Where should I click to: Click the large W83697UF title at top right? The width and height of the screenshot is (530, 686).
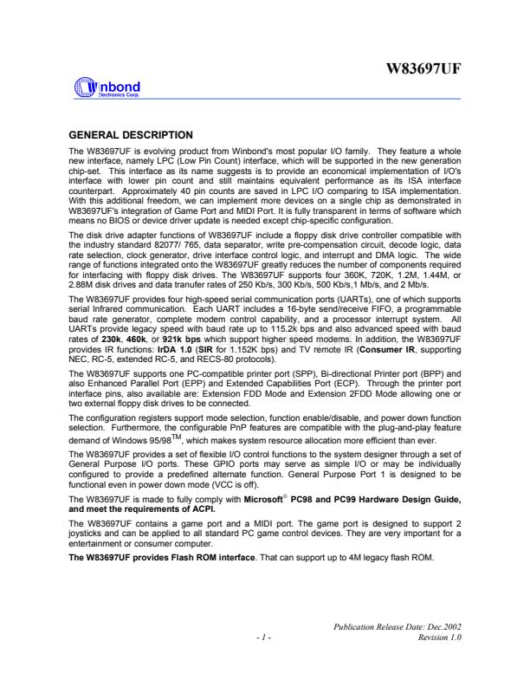click(x=423, y=68)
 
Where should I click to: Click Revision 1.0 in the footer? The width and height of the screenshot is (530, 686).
click(x=439, y=637)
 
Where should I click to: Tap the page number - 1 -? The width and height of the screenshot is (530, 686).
click(x=264, y=637)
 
